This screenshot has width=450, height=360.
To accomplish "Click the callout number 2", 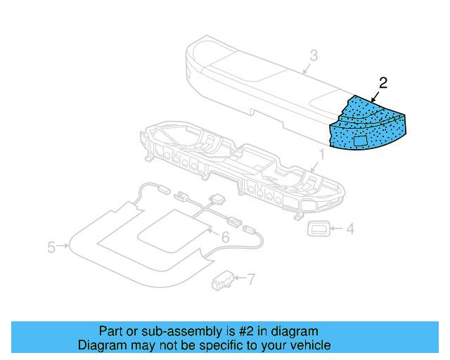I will click(x=383, y=82).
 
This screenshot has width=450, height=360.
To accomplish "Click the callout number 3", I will click(x=314, y=56).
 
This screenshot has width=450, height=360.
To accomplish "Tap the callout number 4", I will click(x=350, y=228).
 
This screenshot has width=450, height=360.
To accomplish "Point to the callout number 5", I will click(x=51, y=247).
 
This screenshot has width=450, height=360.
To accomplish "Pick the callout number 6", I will click(x=225, y=238).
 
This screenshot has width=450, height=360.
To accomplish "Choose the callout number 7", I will click(x=251, y=278).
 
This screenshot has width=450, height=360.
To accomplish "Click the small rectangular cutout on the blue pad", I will click(x=362, y=141).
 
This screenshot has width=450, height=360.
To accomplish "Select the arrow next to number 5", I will click(x=63, y=246).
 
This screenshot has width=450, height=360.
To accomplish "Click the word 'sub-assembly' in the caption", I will click(x=171, y=331).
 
